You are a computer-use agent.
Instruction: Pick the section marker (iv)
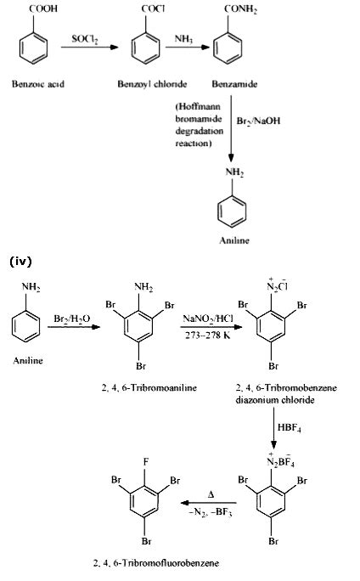pos(21,261)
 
